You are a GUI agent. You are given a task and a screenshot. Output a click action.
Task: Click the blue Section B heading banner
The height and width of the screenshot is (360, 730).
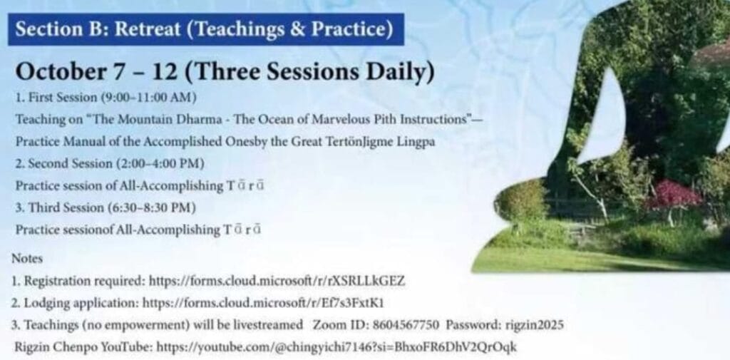point(206,29)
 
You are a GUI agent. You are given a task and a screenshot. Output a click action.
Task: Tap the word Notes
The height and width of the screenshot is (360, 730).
point(27,259)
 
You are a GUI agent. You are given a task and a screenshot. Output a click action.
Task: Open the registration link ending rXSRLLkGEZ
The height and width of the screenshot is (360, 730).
point(277,281)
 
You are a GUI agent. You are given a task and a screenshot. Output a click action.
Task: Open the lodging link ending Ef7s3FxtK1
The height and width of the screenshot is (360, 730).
point(263,303)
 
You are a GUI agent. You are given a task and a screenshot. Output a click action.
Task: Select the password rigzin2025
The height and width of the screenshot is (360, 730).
point(534,325)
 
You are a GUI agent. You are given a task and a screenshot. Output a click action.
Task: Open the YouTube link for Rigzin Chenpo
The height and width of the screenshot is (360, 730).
point(336,347)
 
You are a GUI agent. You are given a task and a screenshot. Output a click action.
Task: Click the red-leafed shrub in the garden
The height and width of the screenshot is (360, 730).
point(674,195)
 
